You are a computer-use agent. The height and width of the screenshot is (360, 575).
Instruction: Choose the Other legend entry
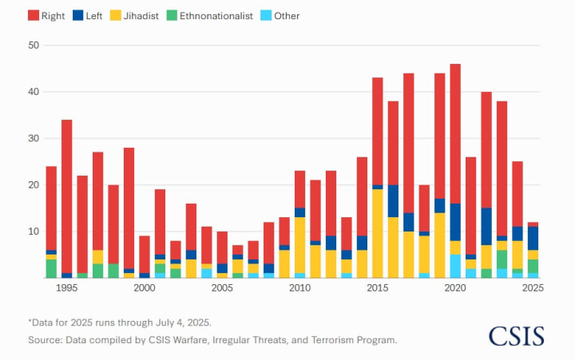(x=280, y=16)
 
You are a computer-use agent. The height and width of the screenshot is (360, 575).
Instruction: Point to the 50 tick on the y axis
(x=34, y=45)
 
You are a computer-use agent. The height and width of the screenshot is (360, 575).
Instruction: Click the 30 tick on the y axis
(x=34, y=138)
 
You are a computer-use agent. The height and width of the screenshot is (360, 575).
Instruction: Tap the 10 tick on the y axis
(x=34, y=231)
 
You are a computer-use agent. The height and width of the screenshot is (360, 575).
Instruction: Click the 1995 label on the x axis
(x=67, y=288)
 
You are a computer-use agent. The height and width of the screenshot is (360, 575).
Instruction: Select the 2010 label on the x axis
(x=299, y=288)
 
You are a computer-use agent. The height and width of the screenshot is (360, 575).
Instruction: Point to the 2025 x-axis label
(x=533, y=288)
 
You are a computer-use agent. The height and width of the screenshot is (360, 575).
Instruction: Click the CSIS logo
(x=517, y=335)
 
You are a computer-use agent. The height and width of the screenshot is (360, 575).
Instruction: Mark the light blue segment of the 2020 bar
(x=455, y=266)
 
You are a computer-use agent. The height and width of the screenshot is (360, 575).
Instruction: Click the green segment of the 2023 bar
(x=502, y=259)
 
